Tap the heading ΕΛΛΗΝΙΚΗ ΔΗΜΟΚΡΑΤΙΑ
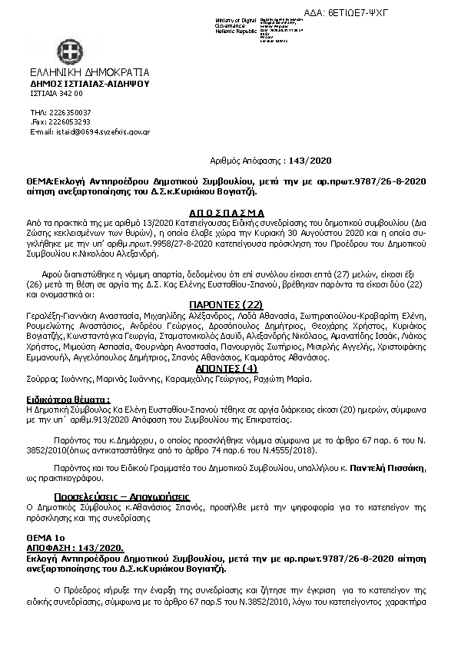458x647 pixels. (x=85, y=73)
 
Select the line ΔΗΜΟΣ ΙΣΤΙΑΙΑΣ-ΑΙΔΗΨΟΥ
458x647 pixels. (x=89, y=84)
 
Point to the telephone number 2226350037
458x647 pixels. (x=71, y=112)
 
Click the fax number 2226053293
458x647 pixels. (x=71, y=121)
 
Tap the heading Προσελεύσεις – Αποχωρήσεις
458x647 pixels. (x=122, y=496)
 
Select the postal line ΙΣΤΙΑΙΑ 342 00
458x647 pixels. (x=56, y=93)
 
